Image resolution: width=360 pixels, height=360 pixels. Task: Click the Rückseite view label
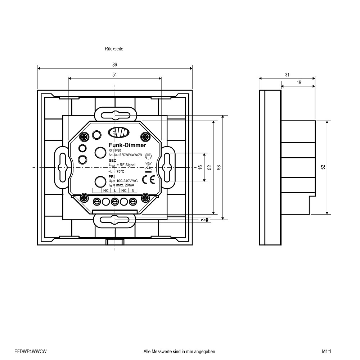point(114,49)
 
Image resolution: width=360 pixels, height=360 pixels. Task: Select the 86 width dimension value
point(114,65)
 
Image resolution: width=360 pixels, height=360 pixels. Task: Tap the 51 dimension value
point(114,75)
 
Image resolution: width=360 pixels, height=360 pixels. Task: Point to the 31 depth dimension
point(287,75)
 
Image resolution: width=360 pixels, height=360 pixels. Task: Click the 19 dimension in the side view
point(299,82)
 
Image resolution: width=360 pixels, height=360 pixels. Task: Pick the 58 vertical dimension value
point(219,167)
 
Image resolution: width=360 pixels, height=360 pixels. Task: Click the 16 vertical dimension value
point(200,167)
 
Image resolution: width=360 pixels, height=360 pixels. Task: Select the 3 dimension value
point(203,220)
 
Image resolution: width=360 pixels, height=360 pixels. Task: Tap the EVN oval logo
point(119,132)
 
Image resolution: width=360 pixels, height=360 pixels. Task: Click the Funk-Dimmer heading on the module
point(127,145)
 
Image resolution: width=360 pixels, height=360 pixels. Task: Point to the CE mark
point(148,180)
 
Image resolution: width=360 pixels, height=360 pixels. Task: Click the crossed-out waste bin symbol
point(148,165)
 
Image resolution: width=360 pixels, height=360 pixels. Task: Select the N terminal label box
point(133,190)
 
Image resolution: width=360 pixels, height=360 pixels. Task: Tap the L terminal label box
point(115,190)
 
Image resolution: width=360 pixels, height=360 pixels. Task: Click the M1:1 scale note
point(327,351)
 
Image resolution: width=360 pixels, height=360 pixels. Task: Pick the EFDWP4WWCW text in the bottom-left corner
point(31,351)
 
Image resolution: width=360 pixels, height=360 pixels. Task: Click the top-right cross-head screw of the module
point(145,137)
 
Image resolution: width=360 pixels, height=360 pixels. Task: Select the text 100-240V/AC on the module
point(127,181)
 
